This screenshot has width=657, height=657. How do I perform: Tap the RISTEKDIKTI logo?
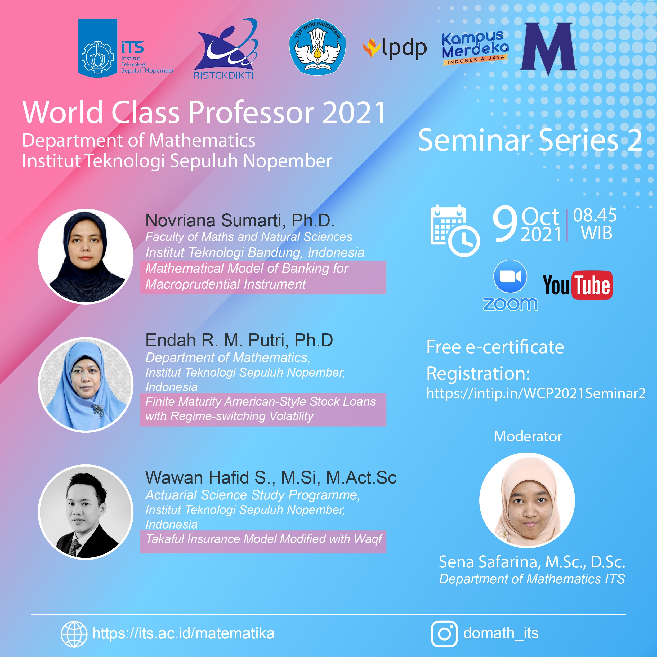tap(226, 50)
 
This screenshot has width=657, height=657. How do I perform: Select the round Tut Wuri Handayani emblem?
tap(317, 47)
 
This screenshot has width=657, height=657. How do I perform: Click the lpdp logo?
tap(395, 48)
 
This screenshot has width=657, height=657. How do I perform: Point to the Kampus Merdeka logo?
tap(475, 48)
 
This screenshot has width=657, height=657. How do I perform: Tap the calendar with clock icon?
tap(454, 231)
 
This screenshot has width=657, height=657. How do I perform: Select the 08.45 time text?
tap(595, 215)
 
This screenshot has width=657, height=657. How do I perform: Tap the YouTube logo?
tap(578, 285)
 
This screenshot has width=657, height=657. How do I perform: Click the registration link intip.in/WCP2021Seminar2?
tap(536, 393)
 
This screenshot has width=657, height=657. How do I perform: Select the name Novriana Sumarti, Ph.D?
tap(240, 220)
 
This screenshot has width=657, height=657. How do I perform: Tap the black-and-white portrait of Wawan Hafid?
tap(86, 512)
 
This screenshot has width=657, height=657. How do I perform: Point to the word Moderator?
tap(528, 436)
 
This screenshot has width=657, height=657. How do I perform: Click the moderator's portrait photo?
tap(527, 500)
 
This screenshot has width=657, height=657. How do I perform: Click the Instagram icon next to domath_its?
tap(444, 633)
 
